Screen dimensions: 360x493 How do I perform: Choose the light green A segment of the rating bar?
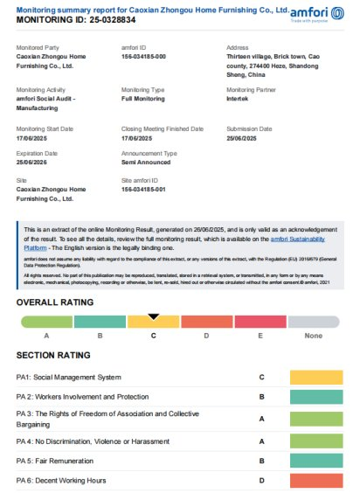pyautogui.click(x=45, y=323)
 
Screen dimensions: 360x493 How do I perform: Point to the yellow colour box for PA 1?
pyautogui.click(x=316, y=378)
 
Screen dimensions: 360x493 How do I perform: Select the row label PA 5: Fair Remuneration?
pyautogui.click(x=58, y=460)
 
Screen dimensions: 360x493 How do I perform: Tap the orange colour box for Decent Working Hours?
pyautogui.click(x=316, y=480)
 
